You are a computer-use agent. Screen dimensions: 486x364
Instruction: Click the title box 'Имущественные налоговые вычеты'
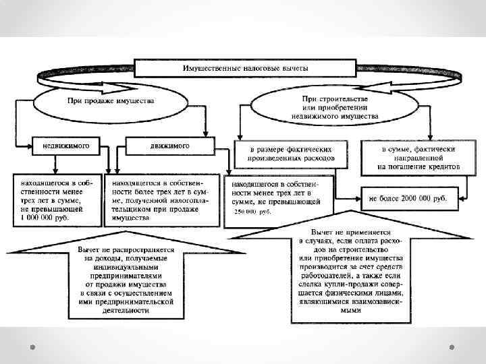[244, 68]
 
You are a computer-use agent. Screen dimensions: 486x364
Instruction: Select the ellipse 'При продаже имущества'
[110, 101]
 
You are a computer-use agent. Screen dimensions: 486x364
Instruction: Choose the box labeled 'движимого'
[169, 145]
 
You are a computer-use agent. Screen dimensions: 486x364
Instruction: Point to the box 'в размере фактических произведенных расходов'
[290, 154]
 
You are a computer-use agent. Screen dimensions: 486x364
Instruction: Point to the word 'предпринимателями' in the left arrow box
[124, 274]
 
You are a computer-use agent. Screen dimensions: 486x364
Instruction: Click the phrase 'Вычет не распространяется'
[124, 249]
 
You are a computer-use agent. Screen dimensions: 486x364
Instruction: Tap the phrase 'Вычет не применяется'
[349, 231]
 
